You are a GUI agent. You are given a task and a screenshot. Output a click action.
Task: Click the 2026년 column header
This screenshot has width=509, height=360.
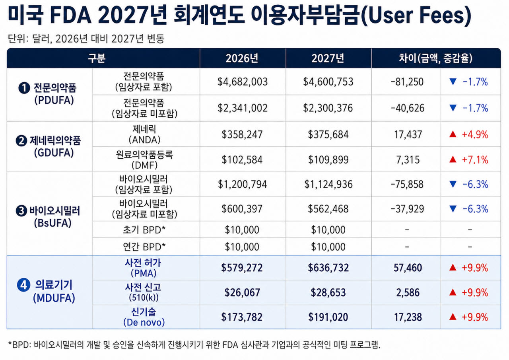tap(242, 58)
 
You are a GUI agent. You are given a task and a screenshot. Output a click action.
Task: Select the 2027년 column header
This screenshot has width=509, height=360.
tap(328, 58)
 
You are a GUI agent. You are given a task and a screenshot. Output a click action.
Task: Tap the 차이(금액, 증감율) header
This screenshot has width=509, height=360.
tap(435, 58)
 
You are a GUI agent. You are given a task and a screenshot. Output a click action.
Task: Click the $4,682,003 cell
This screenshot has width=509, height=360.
tap(243, 82)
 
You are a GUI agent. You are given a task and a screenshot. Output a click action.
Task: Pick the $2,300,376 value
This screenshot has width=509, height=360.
tap(328, 108)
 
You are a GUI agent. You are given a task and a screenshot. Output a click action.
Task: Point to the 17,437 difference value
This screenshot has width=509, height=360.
tap(408, 134)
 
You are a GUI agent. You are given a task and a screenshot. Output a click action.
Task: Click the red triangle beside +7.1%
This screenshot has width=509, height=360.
tap(453, 160)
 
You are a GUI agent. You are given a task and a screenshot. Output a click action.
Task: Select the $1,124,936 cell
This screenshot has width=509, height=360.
tap(328, 184)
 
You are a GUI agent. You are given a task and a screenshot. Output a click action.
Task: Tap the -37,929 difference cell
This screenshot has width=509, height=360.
tap(407, 209)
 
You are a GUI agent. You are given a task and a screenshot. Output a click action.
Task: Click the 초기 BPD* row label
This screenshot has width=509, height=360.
tap(144, 230)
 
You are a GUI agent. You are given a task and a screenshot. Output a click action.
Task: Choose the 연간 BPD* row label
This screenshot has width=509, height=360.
tap(144, 247)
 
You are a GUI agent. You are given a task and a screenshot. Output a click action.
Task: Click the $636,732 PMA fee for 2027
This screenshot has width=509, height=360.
tap(328, 268)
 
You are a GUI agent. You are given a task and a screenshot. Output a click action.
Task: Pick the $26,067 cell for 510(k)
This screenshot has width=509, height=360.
tap(242, 292)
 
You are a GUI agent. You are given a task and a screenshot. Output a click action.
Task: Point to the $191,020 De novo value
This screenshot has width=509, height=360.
tap(328, 317)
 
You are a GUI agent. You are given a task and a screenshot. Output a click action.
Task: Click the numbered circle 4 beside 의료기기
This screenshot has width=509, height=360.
tap(23, 285)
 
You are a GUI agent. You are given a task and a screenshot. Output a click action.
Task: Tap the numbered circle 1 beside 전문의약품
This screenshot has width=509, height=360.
tap(24, 88)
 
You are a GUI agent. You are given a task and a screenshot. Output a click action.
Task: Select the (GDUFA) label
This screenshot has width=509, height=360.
tap(54, 153)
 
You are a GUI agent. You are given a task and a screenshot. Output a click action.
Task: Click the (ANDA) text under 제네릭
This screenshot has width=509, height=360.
tap(144, 140)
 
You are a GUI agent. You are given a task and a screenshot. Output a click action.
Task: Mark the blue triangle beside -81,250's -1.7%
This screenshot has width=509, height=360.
tap(453, 82)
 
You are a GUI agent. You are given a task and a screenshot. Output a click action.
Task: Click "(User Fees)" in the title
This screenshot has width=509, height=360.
tap(416, 16)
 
